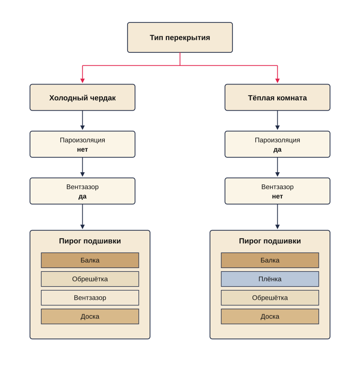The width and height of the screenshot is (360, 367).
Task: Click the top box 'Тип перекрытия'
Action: click(x=180, y=37)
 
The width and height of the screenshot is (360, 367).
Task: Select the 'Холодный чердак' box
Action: click(x=82, y=98)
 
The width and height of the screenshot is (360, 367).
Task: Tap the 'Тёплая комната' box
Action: click(x=277, y=98)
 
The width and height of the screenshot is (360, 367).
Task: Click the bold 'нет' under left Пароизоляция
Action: click(x=82, y=149)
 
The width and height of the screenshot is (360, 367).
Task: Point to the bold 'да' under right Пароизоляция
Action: click(x=277, y=149)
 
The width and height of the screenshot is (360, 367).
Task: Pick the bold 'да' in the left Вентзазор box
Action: click(x=82, y=197)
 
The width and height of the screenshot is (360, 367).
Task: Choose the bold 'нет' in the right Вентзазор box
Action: click(x=277, y=197)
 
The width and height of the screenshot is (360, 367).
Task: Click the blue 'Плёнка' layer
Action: click(x=270, y=279)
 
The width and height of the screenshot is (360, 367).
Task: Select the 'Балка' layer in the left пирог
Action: click(x=90, y=260)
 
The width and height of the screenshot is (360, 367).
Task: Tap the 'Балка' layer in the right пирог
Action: click(x=270, y=260)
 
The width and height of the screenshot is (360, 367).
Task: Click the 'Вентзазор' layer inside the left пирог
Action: click(x=90, y=298)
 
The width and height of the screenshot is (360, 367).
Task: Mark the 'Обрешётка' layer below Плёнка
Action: click(x=270, y=298)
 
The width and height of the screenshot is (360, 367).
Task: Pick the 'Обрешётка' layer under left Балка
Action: click(x=90, y=279)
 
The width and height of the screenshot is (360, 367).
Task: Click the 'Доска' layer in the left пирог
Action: click(x=90, y=317)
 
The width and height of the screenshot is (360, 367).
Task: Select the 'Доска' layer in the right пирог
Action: click(x=270, y=317)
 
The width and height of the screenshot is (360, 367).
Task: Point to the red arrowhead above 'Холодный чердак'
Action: click(x=82, y=81)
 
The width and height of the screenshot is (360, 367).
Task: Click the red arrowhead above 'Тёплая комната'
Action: click(x=278, y=81)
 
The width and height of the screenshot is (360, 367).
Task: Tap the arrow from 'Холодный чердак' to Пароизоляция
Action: click(x=82, y=120)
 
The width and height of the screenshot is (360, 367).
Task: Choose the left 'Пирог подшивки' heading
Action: click(x=90, y=241)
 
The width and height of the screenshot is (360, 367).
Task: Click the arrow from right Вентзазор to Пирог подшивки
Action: click(x=278, y=217)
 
